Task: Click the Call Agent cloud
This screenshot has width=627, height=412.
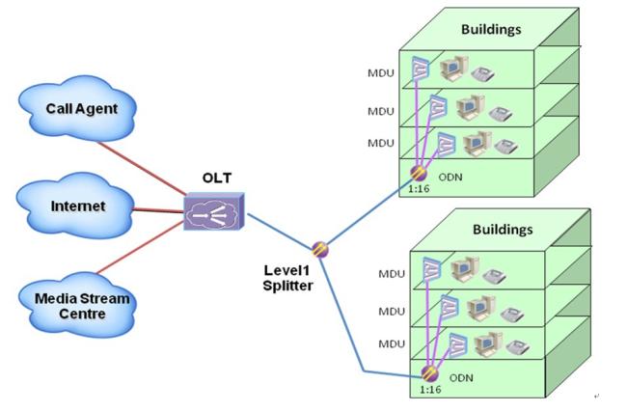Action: (x=81, y=109)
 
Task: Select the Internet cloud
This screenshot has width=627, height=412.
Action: (x=77, y=206)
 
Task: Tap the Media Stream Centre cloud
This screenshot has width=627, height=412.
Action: (x=81, y=299)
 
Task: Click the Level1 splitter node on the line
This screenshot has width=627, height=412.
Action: (x=321, y=249)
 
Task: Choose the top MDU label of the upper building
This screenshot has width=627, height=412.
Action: (x=380, y=73)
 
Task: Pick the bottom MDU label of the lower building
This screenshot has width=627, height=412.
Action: (x=391, y=343)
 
